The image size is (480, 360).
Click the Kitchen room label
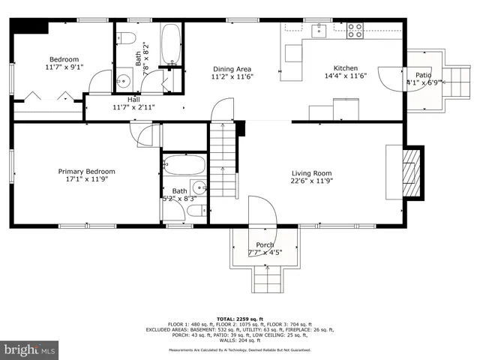point(345,67)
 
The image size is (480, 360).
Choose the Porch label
point(265,245)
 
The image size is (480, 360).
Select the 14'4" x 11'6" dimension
point(345,76)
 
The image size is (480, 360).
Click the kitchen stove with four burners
point(355,31)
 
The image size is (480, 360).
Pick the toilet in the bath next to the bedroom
point(126,39)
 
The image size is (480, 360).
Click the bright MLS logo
point(31,350)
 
